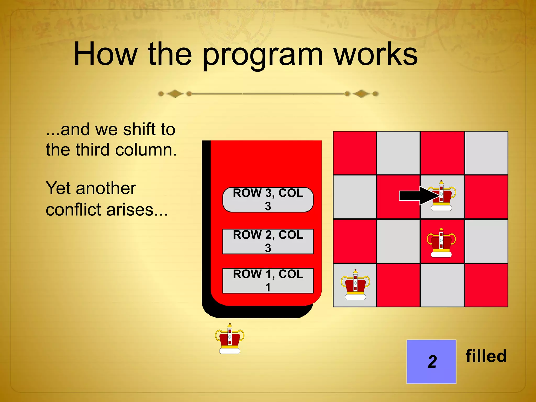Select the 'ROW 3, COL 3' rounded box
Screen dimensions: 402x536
click(268, 200)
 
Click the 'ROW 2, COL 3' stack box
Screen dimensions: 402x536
click(268, 241)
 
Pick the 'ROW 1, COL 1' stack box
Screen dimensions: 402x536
click(268, 281)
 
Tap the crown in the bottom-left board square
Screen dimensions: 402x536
click(355, 285)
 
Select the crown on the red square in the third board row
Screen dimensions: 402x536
click(441, 243)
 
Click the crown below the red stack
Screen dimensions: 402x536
click(230, 339)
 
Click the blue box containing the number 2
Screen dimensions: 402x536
click(431, 362)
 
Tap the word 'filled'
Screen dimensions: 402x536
click(486, 356)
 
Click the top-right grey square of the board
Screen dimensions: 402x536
click(486, 153)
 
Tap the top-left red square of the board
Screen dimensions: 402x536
click(355, 153)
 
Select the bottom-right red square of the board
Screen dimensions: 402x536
click(486, 285)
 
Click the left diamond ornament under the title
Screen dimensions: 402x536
click(175, 94)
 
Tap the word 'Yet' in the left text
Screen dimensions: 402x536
click(58, 188)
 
